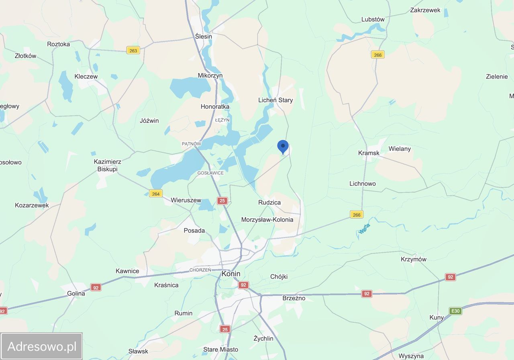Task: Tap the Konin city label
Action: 231,274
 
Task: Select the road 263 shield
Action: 133,50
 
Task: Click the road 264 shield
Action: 156,193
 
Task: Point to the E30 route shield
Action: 455,311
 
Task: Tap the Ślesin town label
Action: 204,36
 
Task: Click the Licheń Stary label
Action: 275,100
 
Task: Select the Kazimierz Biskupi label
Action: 108,165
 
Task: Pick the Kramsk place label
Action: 369,153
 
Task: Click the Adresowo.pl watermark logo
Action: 42,346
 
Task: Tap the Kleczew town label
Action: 86,76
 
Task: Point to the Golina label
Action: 76,293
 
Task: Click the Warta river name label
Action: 364,229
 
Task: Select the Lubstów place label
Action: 373,19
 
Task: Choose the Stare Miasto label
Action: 220,350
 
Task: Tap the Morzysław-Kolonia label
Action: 267,220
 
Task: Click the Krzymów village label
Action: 414,259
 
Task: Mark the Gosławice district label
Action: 210,173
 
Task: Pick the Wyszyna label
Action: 411,356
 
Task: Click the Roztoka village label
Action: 59,44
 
